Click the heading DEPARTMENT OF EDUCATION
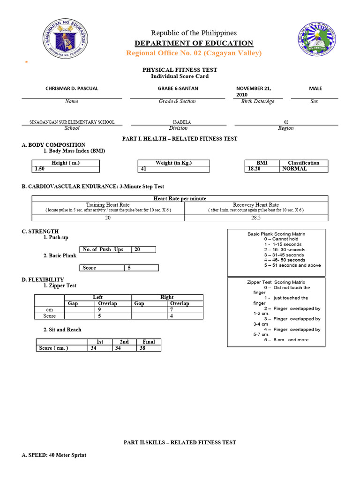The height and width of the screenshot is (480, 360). (x=194, y=44)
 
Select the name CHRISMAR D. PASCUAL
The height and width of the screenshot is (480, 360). (x=72, y=89)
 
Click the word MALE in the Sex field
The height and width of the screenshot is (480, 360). (x=315, y=88)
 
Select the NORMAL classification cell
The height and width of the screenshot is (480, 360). (x=294, y=169)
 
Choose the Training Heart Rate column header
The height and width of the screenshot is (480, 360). (x=108, y=205)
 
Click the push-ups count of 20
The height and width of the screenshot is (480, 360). (x=137, y=250)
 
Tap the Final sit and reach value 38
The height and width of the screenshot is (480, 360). (x=143, y=348)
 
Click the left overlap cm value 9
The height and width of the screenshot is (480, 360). (x=99, y=310)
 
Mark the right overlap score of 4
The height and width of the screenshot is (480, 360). (x=172, y=316)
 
